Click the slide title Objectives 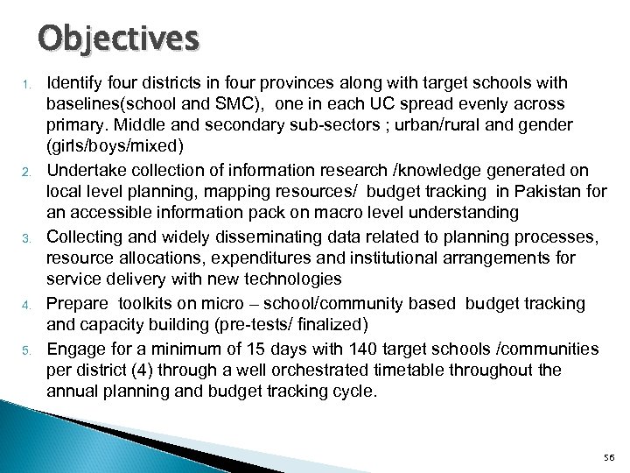tap(118, 39)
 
